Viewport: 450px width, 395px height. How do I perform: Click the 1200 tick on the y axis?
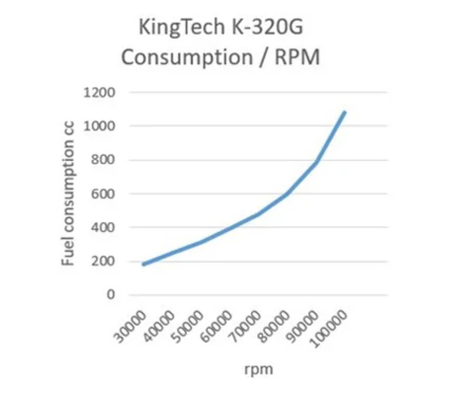(x=99, y=92)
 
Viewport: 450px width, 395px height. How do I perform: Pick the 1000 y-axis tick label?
(x=99, y=126)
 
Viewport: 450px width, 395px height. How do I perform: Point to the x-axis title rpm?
(x=258, y=370)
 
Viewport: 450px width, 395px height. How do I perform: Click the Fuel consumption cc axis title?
(x=67, y=194)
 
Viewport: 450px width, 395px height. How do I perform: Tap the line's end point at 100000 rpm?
(x=345, y=112)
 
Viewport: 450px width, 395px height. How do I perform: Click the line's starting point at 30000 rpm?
(x=144, y=264)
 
